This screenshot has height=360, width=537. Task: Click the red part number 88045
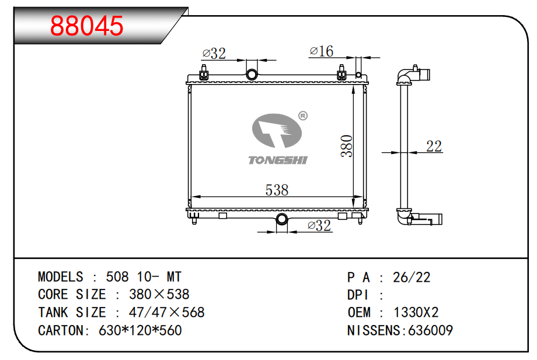click(x=86, y=26)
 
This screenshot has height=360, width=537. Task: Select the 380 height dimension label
click(x=347, y=146)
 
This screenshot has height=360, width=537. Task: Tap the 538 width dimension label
click(x=277, y=190)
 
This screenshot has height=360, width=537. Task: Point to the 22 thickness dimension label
click(x=434, y=146)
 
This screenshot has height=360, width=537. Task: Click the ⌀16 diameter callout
click(x=321, y=51)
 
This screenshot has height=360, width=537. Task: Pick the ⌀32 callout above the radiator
click(x=214, y=53)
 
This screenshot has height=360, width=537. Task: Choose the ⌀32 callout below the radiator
click(x=319, y=226)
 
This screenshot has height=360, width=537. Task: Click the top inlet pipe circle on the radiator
click(x=252, y=74)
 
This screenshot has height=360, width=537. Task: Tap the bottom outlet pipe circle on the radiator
click(x=282, y=219)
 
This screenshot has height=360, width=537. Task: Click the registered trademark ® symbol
click(x=303, y=116)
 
